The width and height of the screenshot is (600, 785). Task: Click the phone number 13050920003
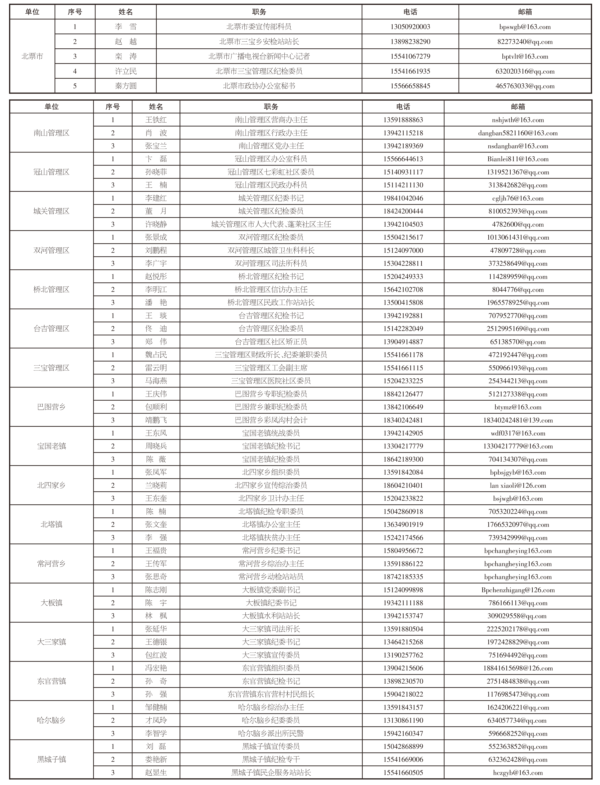pyautogui.click(x=410, y=27)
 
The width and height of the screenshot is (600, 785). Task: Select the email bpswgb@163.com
pyautogui.click(x=525, y=27)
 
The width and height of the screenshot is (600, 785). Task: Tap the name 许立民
pyautogui.click(x=126, y=71)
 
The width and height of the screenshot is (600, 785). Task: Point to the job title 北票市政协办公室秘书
pyautogui.click(x=259, y=86)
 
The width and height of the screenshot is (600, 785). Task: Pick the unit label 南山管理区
pyautogui.click(x=51, y=133)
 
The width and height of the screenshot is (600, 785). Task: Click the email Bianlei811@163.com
pyautogui.click(x=518, y=159)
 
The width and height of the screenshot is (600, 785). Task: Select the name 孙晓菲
pyautogui.click(x=156, y=172)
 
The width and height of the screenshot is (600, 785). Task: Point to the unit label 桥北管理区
pyautogui.click(x=51, y=289)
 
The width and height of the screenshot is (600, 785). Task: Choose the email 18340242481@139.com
pyautogui.click(x=518, y=420)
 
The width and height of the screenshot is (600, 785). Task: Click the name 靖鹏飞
pyautogui.click(x=156, y=420)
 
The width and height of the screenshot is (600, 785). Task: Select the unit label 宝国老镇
pyautogui.click(x=51, y=446)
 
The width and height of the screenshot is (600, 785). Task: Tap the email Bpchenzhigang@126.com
pyautogui.click(x=518, y=590)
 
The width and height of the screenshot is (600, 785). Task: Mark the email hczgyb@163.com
pyautogui.click(x=518, y=772)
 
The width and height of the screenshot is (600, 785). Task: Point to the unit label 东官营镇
pyautogui.click(x=51, y=681)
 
